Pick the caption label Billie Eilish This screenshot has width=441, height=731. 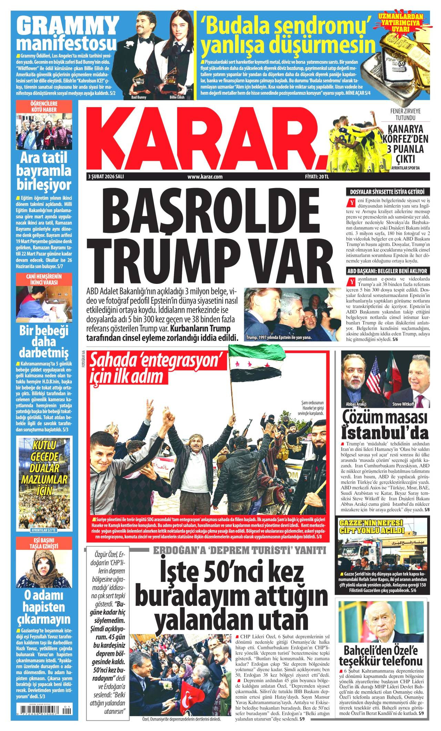[177, 97]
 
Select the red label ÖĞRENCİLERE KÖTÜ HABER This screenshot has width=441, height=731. [43, 107]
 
